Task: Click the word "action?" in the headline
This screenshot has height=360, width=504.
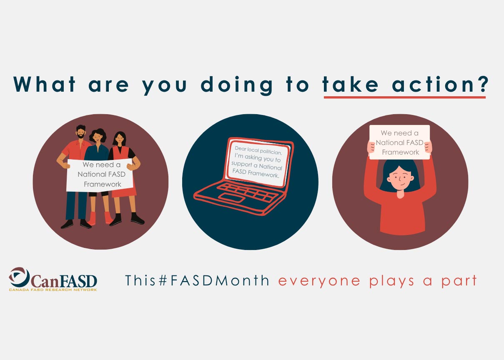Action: click(x=440, y=84)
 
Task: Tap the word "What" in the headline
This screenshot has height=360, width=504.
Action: click(x=44, y=84)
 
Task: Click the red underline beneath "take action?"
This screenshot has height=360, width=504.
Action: click(x=405, y=97)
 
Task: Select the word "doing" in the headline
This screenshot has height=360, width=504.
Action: click(x=236, y=86)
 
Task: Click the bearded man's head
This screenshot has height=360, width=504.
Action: click(x=80, y=132)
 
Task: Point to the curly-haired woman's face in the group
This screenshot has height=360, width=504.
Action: click(x=98, y=137)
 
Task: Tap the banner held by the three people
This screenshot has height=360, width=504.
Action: click(x=100, y=175)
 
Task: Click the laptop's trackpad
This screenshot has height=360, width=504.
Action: click(x=231, y=198)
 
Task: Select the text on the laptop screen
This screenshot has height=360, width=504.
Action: click(x=257, y=162)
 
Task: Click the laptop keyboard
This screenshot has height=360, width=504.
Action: click(x=247, y=192)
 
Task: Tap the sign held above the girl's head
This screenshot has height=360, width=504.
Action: click(x=399, y=142)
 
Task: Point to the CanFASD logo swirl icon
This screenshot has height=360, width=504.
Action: click(x=19, y=277)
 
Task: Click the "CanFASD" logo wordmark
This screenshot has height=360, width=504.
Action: click(x=64, y=281)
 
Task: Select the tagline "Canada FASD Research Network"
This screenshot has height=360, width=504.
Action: click(x=53, y=290)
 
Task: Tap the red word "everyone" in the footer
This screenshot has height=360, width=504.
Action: click(x=319, y=281)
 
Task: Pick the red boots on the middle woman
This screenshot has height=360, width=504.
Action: click(x=100, y=218)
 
